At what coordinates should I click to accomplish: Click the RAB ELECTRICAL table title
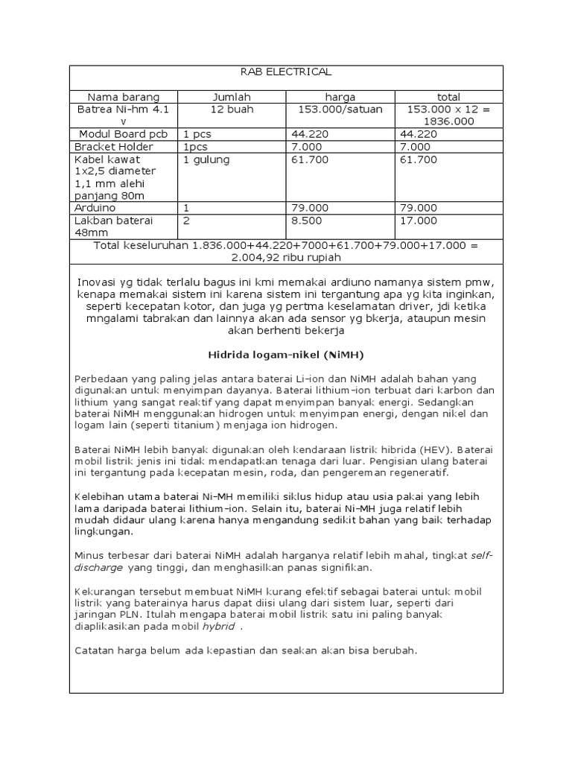tap(287, 72)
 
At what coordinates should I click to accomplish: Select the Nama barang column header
tap(124, 97)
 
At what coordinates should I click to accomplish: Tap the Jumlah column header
tap(232, 97)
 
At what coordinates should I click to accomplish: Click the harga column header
tap(340, 97)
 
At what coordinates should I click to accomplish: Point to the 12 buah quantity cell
tap(232, 109)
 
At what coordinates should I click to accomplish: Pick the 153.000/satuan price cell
tap(340, 109)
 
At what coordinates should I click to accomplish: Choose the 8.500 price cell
tap(306, 221)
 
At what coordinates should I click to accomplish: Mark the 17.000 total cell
tap(419, 221)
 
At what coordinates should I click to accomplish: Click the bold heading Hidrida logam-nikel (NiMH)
tap(286, 355)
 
